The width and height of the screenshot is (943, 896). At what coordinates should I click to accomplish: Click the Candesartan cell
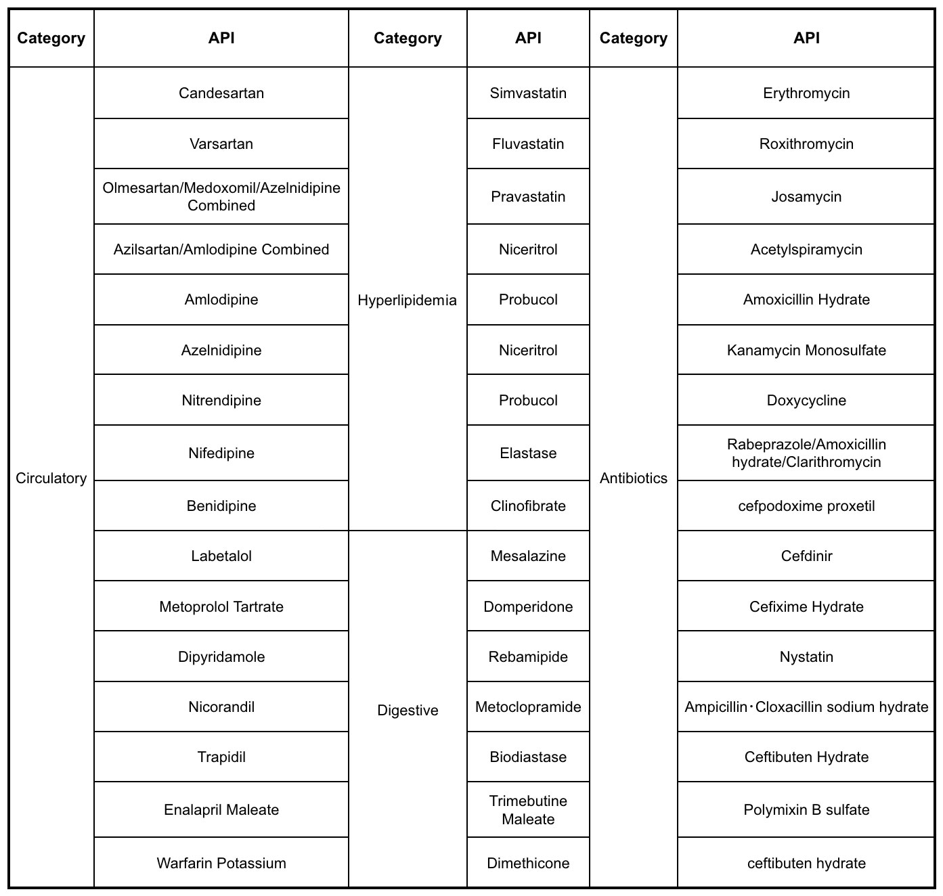pos(221,93)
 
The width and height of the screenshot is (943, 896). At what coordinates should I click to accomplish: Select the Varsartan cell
pos(221,144)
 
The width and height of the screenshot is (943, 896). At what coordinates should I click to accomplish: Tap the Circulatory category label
pos(51,478)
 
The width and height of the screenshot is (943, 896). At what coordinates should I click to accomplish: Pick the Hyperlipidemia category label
pos(408,300)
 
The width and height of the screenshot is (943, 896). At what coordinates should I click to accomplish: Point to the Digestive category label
pos(408,711)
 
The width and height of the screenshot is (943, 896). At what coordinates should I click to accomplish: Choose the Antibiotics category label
pos(634,478)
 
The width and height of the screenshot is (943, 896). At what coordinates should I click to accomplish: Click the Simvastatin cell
pos(528,93)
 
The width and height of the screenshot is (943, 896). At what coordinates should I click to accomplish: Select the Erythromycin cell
pos(806,93)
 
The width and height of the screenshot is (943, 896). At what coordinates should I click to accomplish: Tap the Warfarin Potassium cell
pos(221,864)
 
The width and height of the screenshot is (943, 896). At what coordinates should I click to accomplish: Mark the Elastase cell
pos(528,453)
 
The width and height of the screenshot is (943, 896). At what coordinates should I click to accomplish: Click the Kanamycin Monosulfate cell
pos(806,351)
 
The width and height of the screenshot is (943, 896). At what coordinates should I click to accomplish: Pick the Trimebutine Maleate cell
pos(528,810)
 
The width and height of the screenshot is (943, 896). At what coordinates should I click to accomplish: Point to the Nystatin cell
pos(806,657)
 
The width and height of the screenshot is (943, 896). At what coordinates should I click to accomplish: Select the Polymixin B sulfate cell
pos(806,810)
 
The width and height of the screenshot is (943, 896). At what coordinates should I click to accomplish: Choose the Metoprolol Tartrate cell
pos(221,607)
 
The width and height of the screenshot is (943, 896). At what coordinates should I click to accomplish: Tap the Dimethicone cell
pos(528,864)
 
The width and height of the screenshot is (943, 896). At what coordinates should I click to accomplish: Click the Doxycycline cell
pos(806,401)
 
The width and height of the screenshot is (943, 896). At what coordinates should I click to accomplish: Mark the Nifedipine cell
pos(221,453)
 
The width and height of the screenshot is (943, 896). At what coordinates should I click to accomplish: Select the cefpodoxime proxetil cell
pos(806,506)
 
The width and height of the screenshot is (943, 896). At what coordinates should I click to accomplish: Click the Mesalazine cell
pos(528,556)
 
